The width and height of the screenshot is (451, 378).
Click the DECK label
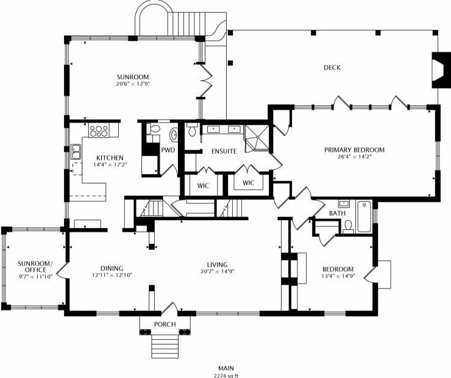(332, 68)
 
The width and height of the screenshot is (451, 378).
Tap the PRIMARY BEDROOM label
(354, 150)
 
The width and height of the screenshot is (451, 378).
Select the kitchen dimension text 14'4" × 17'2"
(110, 165)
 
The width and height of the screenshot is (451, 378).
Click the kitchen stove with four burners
(99, 130)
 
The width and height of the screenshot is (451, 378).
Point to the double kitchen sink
(76, 152)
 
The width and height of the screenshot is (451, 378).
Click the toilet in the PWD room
(154, 129)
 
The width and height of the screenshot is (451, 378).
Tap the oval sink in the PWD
(174, 135)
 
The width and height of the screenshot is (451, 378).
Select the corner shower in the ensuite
(257, 138)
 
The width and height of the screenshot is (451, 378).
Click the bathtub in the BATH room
(364, 216)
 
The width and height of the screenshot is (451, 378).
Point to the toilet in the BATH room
(349, 226)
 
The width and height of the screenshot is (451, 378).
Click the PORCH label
(165, 324)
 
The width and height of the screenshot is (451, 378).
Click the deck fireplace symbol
(438, 70)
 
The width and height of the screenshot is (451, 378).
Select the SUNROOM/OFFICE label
(35, 266)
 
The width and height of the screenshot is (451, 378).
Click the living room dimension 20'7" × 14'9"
(218, 271)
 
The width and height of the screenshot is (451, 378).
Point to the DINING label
(112, 268)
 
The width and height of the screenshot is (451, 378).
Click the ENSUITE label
(224, 151)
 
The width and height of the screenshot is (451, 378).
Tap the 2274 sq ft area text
(225, 376)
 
